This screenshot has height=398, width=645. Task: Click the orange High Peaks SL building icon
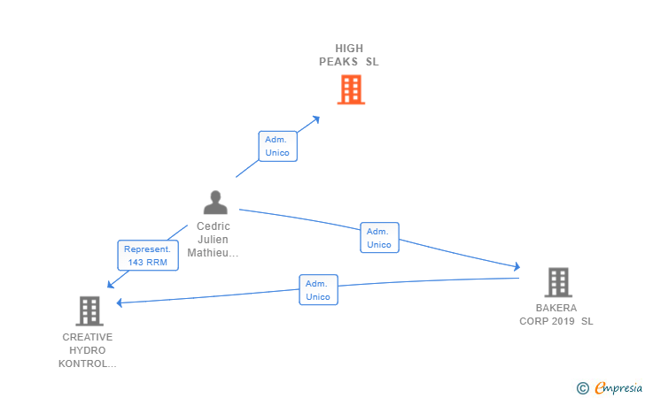[351, 89]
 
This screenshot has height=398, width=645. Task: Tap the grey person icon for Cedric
[215, 203]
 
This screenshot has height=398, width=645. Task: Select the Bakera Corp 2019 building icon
[557, 282]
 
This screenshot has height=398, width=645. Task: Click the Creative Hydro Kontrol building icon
[89, 310]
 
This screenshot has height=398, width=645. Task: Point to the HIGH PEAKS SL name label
[349, 55]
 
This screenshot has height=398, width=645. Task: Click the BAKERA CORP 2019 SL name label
[556, 315]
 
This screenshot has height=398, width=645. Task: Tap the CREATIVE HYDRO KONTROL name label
[88, 350]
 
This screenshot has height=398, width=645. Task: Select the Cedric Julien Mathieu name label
[214, 240]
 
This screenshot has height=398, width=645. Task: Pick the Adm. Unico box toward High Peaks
[277, 146]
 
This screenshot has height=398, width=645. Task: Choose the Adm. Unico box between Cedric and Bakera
[379, 237]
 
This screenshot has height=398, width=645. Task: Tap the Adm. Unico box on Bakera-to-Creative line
[318, 290]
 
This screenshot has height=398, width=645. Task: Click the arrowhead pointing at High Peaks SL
[316, 119]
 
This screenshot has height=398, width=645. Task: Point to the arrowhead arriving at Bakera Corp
[516, 266]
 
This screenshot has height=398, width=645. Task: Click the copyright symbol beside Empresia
[582, 387]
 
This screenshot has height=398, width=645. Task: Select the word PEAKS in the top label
[339, 62]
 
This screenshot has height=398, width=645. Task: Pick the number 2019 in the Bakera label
[563, 321]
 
